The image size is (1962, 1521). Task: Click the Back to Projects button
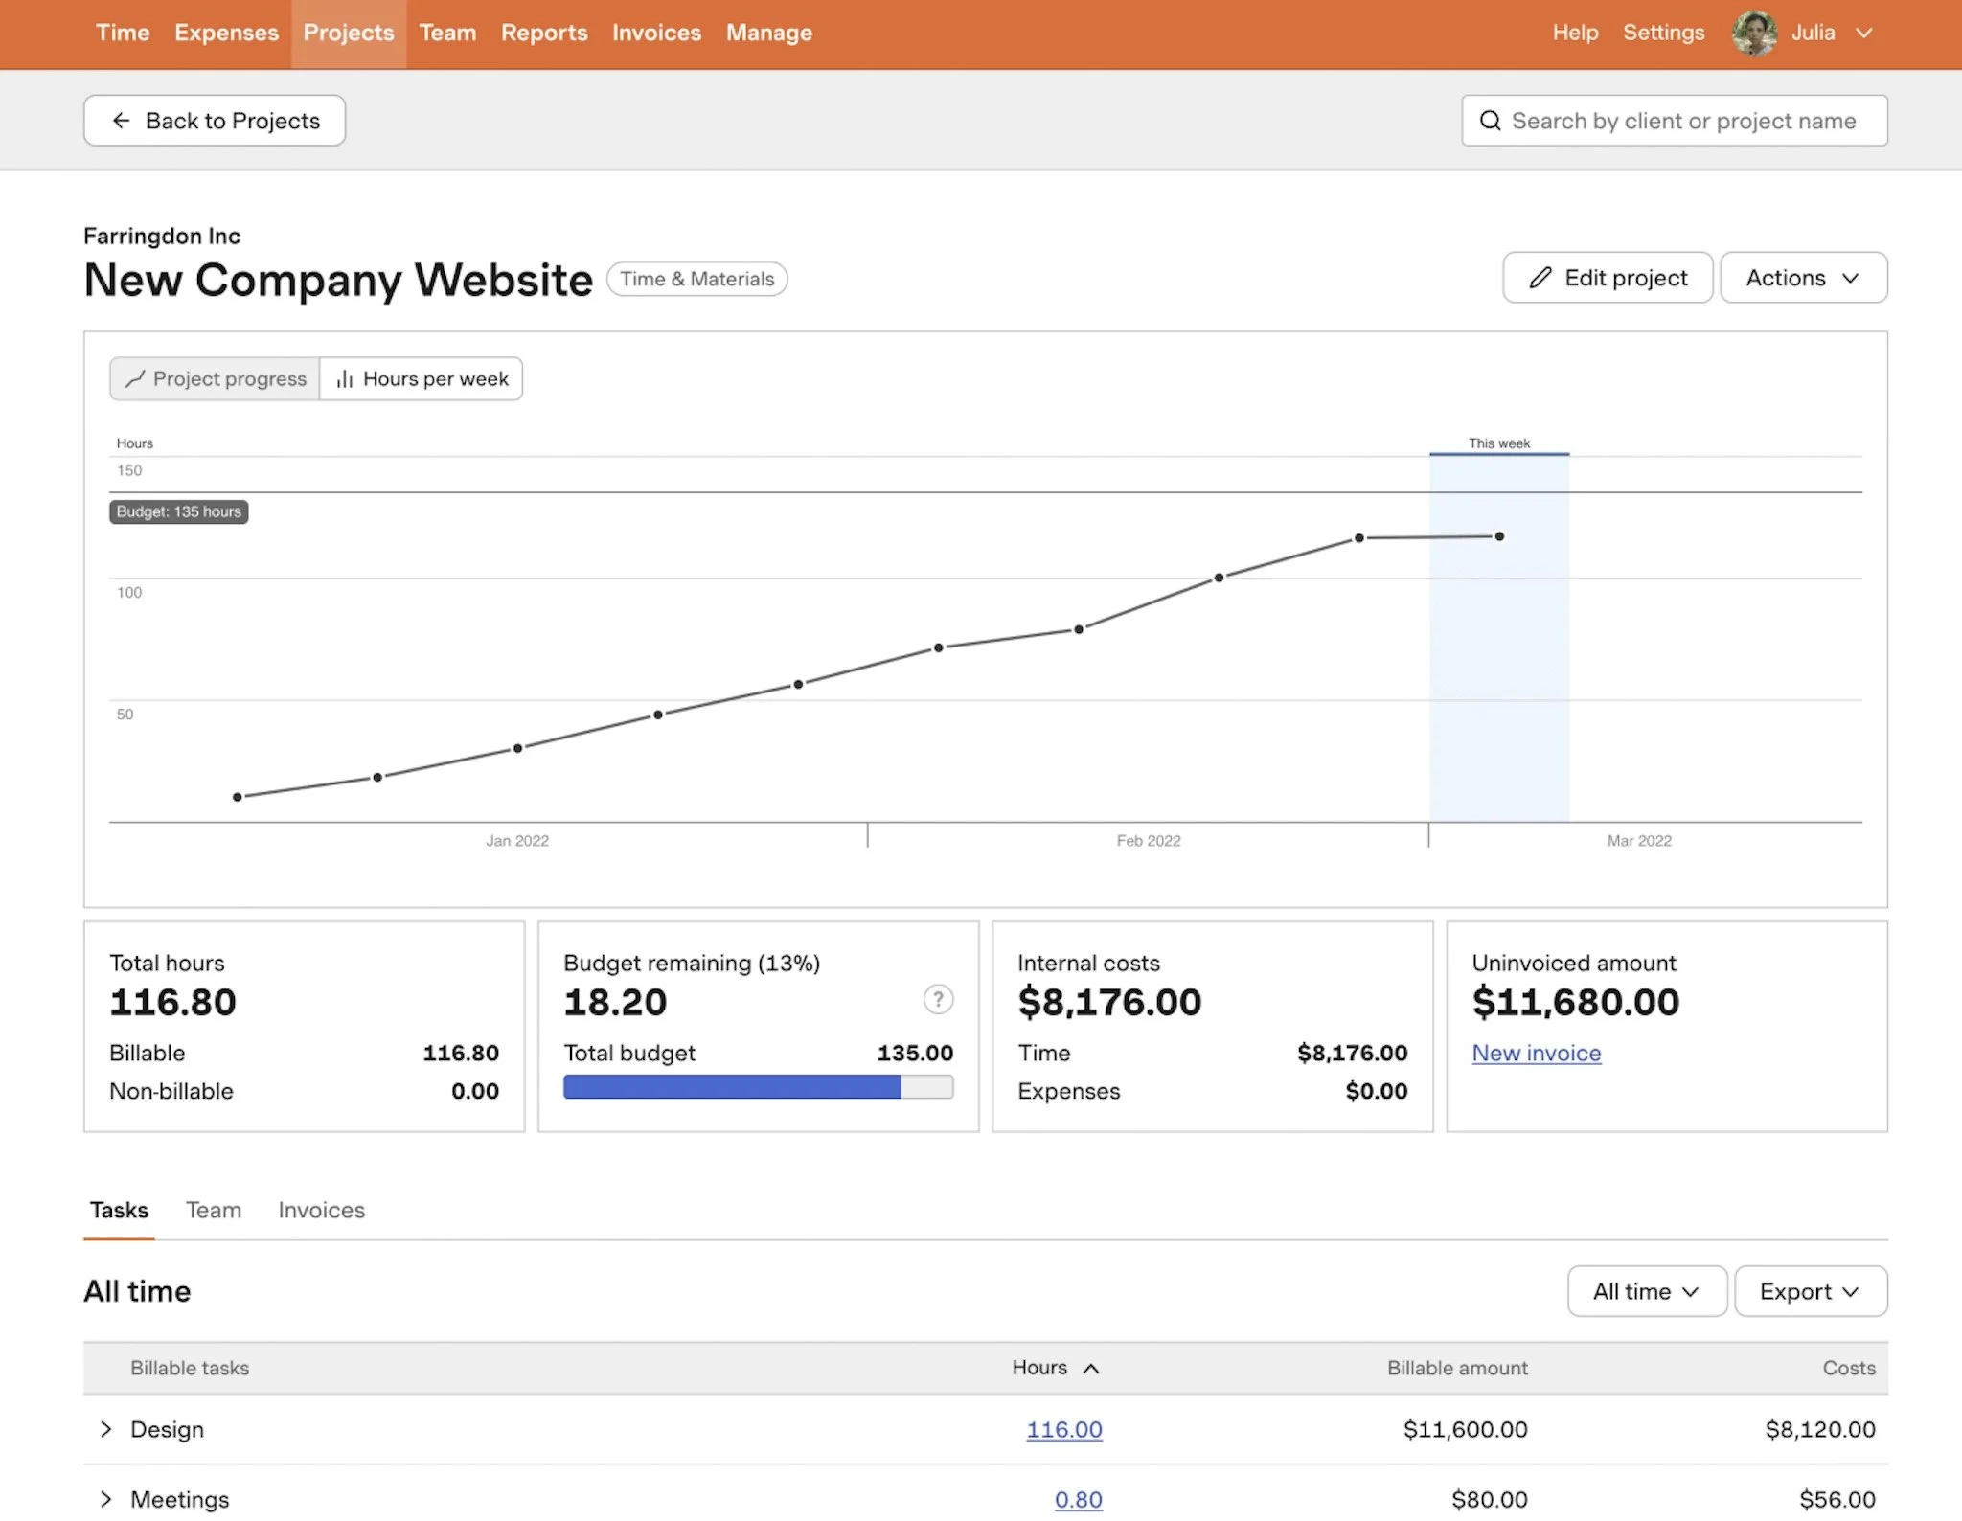(215, 121)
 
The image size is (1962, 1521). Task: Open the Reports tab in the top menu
(543, 33)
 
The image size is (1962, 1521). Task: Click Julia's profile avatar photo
(1754, 33)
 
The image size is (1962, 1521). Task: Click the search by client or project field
(1682, 121)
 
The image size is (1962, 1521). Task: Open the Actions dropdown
(1803, 278)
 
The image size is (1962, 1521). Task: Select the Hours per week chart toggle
(422, 379)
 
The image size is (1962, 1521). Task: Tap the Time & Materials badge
(696, 279)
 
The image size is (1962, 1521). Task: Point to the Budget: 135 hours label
(179, 511)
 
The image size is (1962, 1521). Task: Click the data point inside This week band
(1499, 536)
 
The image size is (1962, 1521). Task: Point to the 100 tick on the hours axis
(129, 592)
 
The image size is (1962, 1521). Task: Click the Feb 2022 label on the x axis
(1148, 840)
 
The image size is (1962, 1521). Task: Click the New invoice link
(1536, 1053)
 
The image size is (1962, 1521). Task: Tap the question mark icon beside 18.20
(938, 999)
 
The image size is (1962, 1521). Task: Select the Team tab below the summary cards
(214, 1210)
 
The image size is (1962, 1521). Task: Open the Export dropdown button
(1810, 1291)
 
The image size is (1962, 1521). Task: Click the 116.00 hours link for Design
(1063, 1429)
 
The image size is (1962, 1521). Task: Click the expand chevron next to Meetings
(106, 1499)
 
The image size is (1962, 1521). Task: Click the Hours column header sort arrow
(1090, 1369)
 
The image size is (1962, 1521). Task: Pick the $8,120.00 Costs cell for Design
(1819, 1429)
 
